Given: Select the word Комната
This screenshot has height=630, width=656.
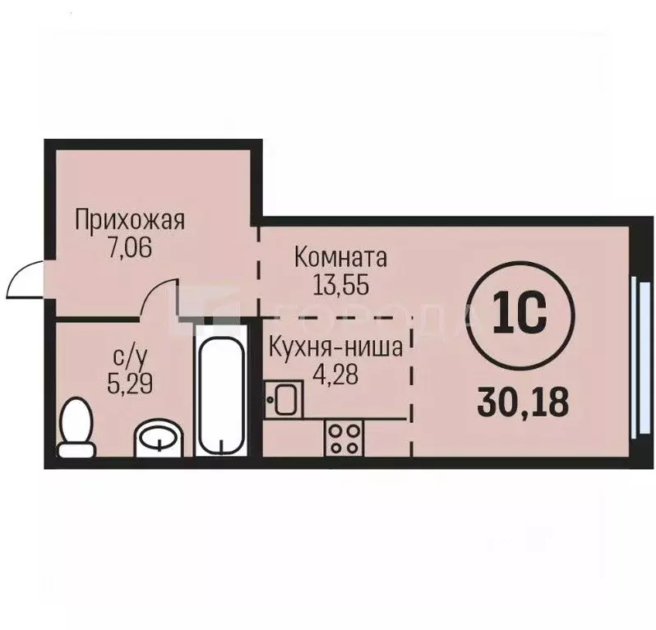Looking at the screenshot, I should click(340, 258).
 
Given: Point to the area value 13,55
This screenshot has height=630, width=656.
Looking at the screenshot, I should click(340, 284).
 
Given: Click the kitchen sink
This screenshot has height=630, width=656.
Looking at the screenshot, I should click(284, 400).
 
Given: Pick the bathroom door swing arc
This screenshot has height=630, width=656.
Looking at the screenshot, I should click(159, 297).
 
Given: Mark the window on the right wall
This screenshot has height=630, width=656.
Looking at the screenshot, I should click(635, 354).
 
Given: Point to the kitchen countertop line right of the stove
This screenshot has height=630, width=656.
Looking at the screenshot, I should click(383, 419).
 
